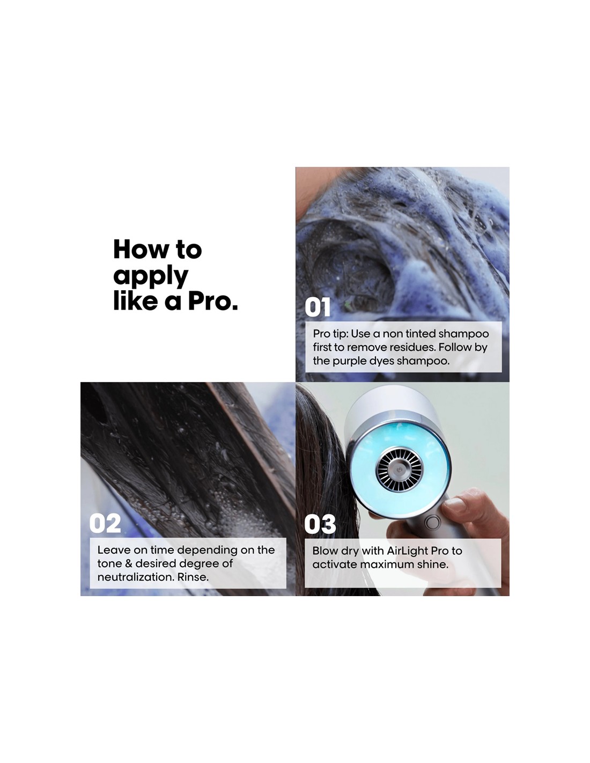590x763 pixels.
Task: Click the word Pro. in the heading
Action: [213, 301]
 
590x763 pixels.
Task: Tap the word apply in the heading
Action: [151, 277]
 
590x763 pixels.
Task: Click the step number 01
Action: [318, 307]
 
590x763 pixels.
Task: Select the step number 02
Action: [105, 523]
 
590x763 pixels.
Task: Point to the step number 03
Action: [320, 524]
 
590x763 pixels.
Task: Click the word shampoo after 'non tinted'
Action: [463, 334]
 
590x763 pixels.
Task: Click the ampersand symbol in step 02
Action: [129, 563]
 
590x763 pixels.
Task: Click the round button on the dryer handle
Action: [432, 522]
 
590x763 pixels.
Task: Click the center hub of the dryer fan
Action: [399, 469]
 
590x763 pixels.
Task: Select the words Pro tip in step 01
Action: [330, 334]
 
